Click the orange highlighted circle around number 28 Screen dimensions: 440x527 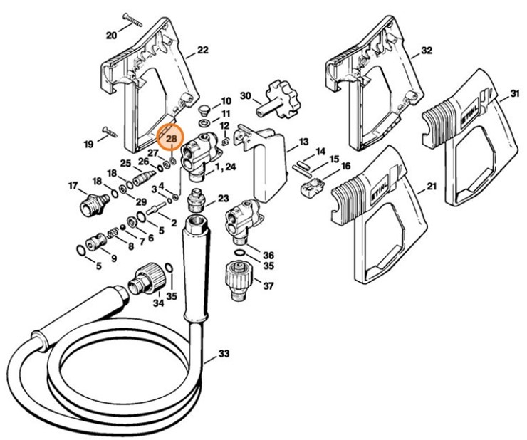click(x=171, y=139)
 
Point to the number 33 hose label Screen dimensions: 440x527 click(x=224, y=353)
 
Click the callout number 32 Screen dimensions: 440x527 click(x=427, y=51)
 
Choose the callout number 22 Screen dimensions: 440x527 click(x=202, y=50)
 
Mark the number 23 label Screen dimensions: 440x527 click(x=224, y=198)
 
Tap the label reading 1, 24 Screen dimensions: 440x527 click(x=226, y=167)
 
